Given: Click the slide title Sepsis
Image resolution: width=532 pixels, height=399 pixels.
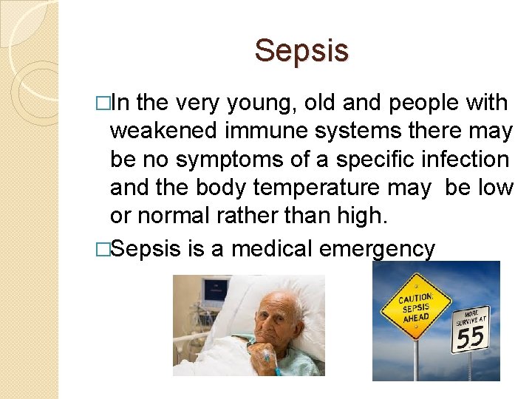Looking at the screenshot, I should pyautogui.click(x=301, y=51).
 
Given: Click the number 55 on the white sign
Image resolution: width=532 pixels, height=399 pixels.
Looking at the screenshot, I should pyautogui.click(x=470, y=338).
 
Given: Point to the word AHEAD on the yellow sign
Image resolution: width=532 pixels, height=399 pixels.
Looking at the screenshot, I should pyautogui.click(x=415, y=318).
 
